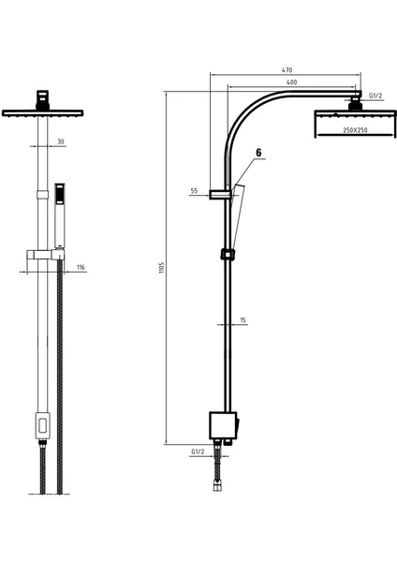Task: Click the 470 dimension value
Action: point(287,70)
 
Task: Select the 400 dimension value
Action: point(292,82)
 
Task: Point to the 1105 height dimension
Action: point(162,268)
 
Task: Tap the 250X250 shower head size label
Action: point(355,130)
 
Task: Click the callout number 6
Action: point(258,153)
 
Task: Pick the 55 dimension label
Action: point(194,191)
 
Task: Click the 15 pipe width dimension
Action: point(243,320)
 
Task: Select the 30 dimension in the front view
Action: point(61,141)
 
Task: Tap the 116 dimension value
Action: point(81,267)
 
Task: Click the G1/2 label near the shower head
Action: point(375,96)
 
